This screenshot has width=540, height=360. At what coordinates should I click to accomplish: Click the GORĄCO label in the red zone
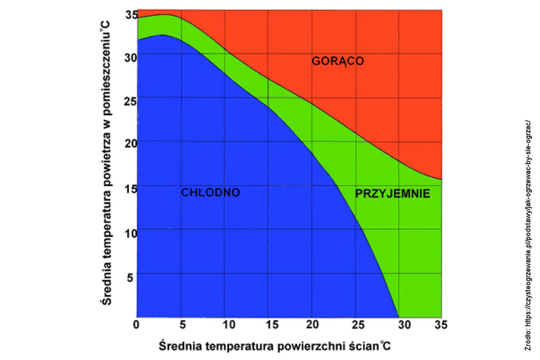(x=337, y=61)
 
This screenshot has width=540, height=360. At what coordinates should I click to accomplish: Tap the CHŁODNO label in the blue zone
(x=211, y=192)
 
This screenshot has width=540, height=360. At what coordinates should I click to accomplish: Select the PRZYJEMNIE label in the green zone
(x=392, y=193)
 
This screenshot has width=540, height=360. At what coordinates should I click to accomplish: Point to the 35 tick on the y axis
(x=131, y=15)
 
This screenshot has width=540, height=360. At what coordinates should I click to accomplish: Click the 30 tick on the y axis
(x=131, y=57)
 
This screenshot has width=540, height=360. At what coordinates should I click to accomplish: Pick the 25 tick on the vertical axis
(x=131, y=101)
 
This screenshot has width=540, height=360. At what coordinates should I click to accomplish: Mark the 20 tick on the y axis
(x=131, y=143)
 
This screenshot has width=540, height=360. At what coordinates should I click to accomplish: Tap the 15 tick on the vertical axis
(x=131, y=188)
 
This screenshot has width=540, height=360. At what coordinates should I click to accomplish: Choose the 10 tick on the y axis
(x=131, y=233)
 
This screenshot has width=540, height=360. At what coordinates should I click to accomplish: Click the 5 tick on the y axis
(x=130, y=277)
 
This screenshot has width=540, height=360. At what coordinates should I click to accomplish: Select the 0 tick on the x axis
(x=137, y=324)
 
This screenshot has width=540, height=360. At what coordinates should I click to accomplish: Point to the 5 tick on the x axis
(x=183, y=324)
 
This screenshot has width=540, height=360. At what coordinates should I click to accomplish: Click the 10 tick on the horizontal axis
(x=229, y=324)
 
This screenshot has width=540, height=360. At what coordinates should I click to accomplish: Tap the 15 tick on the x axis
(x=272, y=324)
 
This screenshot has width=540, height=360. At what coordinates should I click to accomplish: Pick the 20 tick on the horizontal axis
(x=312, y=324)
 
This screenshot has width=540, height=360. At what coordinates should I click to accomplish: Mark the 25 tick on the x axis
(x=358, y=324)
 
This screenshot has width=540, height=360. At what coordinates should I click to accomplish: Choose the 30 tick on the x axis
(x=404, y=324)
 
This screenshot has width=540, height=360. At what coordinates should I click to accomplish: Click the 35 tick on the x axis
(x=441, y=324)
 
